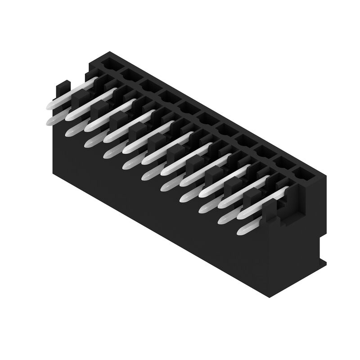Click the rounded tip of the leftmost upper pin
50,106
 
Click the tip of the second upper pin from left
69,117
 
